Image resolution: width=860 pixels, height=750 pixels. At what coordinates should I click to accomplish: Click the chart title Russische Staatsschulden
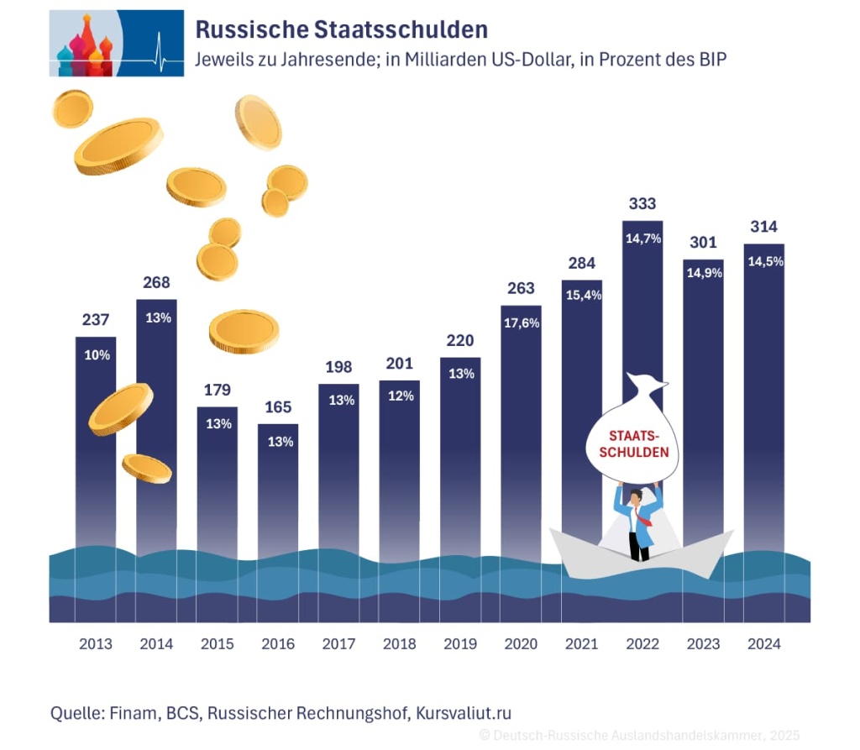(x=341, y=29)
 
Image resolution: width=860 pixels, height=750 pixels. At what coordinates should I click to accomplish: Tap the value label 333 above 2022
(x=642, y=204)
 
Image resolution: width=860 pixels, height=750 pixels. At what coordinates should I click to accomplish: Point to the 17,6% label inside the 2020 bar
(x=521, y=323)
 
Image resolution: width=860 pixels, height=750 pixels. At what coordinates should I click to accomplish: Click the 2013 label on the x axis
(x=96, y=644)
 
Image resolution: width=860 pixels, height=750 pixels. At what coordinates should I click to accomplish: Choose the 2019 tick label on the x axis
(x=460, y=644)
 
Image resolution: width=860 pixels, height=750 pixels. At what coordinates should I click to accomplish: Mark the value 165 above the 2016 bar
(x=278, y=407)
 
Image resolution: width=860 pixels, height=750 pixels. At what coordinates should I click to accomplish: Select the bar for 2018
(x=400, y=470)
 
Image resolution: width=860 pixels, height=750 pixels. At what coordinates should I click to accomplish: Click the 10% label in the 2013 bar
(x=97, y=355)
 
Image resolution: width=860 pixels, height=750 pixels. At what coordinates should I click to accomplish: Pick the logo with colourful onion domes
(x=116, y=43)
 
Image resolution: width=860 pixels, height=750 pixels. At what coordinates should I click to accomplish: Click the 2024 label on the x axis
(x=763, y=644)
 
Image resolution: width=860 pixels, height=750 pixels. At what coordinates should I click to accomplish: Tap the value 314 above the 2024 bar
(x=764, y=227)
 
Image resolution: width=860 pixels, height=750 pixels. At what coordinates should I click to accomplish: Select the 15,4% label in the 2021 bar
(x=582, y=298)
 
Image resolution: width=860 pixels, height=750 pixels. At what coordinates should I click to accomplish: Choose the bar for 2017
(x=339, y=470)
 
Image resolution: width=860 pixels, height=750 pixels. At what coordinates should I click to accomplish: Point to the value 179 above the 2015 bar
(x=217, y=391)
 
